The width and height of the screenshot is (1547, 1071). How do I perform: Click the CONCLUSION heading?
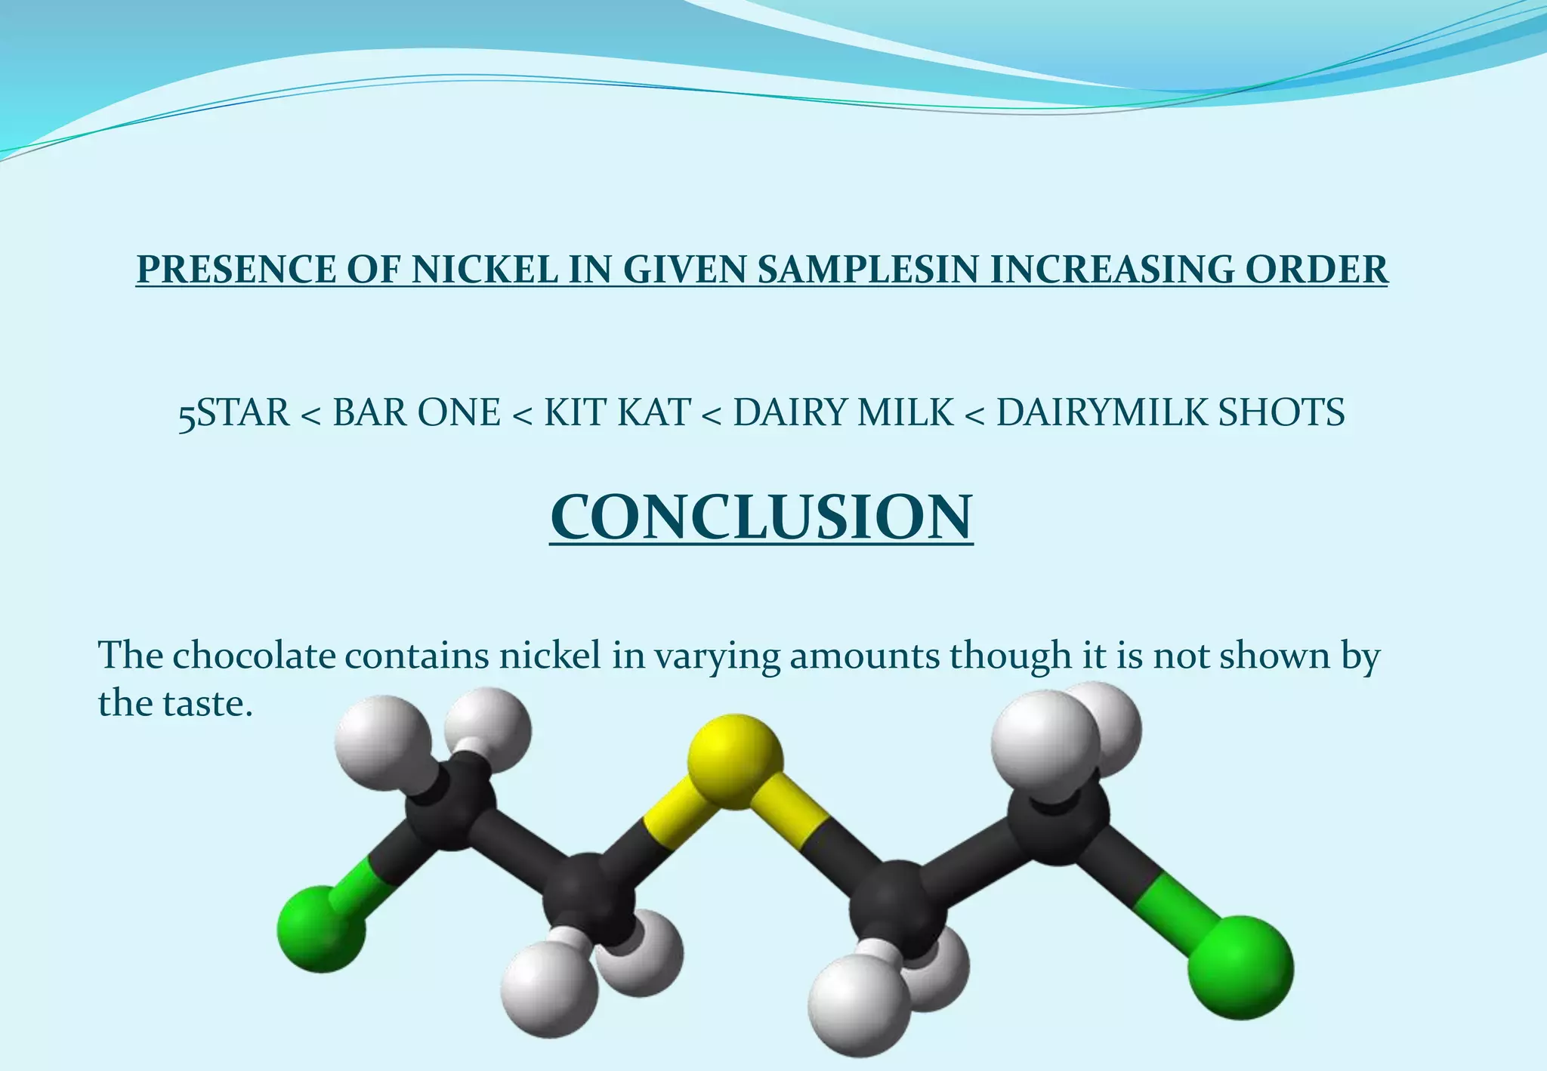pos(761,517)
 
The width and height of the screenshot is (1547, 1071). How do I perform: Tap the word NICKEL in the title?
pos(483,270)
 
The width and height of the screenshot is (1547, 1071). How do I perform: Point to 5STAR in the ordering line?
pos(234,413)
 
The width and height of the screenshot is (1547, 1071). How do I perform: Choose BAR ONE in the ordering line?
pos(416,413)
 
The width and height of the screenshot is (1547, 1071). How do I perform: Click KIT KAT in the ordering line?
pos(617,413)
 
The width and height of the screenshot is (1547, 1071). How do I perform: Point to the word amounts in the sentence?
pos(865,655)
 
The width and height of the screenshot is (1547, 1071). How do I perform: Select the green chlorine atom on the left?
pos(321,928)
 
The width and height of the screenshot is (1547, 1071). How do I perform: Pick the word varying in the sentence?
pos(717,656)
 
